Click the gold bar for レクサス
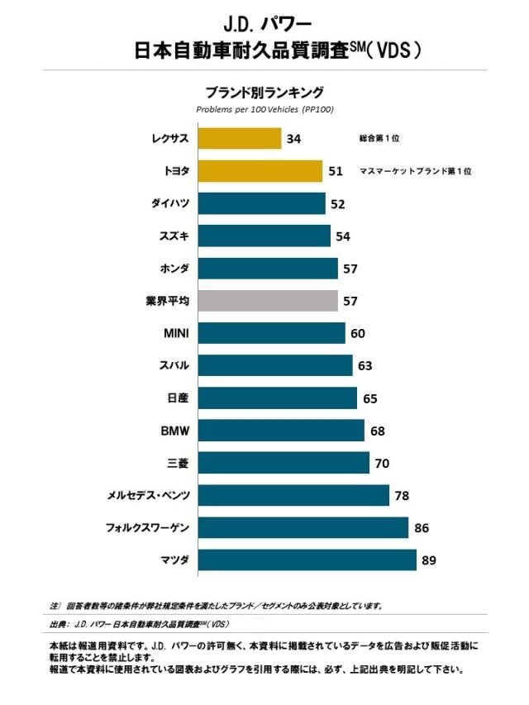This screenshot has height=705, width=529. coord(240,138)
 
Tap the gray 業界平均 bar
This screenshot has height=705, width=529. coord(268,301)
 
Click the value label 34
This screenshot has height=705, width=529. coord(293,139)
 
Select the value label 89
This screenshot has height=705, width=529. coord(428,560)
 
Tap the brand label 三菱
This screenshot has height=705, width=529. coord(179,463)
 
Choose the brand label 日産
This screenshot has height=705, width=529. coord(179,398)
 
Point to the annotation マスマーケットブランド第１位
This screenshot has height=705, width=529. coord(415,171)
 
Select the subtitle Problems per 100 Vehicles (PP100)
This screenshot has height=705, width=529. coord(264,109)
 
